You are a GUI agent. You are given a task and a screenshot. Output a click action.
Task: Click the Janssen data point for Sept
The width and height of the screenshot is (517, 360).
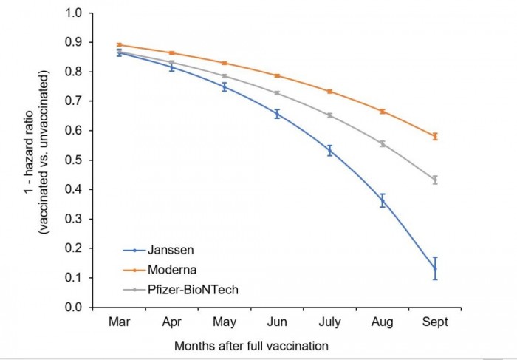point(435,268)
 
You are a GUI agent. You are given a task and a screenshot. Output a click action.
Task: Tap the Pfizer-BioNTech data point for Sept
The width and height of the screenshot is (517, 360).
point(435,180)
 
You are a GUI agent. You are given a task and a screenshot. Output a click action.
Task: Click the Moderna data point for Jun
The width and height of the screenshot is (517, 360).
point(278,75)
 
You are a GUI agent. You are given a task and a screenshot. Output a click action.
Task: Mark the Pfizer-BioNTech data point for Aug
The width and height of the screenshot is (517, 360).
point(383,143)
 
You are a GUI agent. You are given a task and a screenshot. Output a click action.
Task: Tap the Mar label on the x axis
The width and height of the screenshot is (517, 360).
point(120,322)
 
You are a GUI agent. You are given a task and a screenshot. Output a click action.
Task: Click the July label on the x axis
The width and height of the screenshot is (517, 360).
point(329,322)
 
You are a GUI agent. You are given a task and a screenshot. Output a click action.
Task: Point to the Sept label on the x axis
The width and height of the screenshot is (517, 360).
point(435,322)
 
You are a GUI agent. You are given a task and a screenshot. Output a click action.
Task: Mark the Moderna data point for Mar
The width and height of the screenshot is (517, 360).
point(120,45)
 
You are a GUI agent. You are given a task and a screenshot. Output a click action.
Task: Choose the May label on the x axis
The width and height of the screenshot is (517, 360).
point(225,322)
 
